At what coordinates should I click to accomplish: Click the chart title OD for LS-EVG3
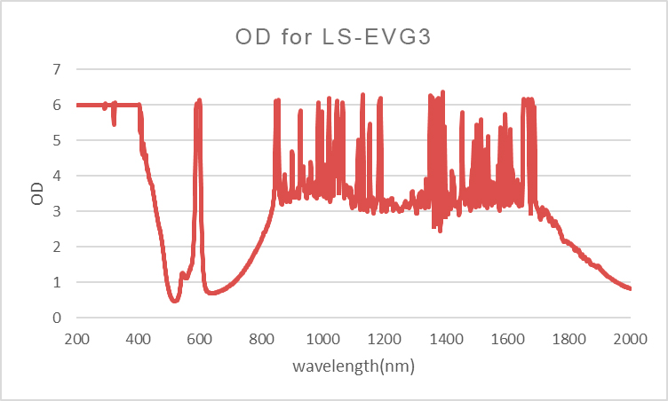(334, 37)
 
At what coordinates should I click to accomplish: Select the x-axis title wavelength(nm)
(354, 365)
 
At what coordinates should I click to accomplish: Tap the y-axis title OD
(37, 193)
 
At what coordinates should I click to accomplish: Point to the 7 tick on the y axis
(56, 69)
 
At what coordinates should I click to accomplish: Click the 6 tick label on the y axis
(56, 105)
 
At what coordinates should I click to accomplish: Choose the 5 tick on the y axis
(56, 140)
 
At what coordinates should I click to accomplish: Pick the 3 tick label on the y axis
(56, 211)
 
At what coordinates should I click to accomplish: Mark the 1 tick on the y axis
(56, 282)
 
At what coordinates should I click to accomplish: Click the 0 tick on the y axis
(56, 318)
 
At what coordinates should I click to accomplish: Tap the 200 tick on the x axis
(76, 338)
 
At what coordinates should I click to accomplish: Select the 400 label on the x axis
(139, 338)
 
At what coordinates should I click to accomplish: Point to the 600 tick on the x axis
(200, 338)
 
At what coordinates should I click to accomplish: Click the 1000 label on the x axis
(323, 338)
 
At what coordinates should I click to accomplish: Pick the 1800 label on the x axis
(569, 338)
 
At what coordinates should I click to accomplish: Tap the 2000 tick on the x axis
(631, 338)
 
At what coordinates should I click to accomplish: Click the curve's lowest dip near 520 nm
(174, 301)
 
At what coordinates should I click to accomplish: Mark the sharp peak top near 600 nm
(199, 100)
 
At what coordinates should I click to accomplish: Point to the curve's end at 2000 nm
(630, 288)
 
